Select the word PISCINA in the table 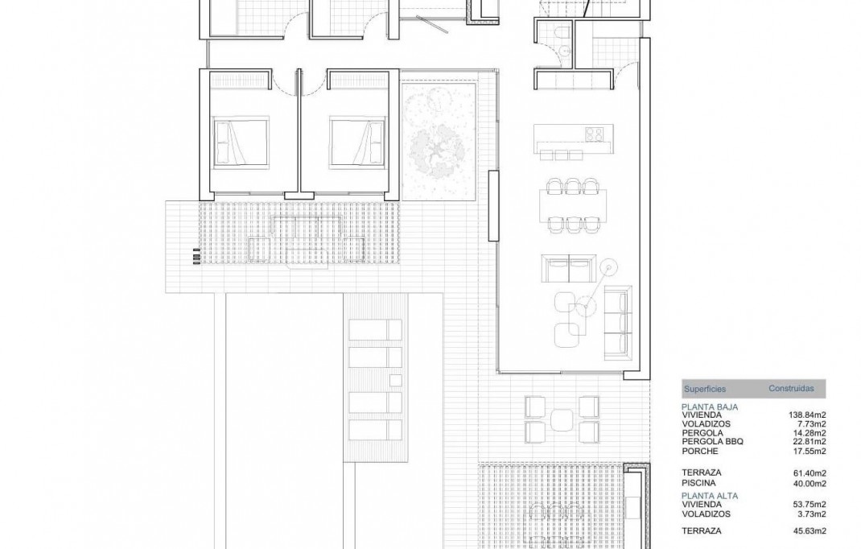(x=698, y=483)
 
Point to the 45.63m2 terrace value (x=808, y=530)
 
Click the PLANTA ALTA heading (x=709, y=496)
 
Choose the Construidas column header (x=790, y=389)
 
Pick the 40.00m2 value (x=809, y=483)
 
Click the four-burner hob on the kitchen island (x=595, y=134)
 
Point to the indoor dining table (x=574, y=205)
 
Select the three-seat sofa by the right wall (x=619, y=322)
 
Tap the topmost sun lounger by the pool (x=374, y=329)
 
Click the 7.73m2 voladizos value (x=810, y=424)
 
